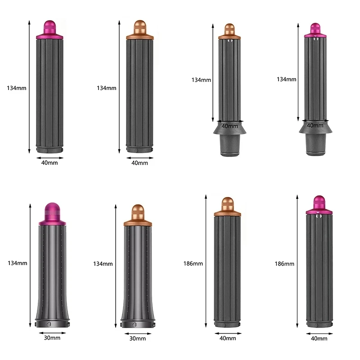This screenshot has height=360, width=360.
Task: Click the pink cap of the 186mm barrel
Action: click(319, 205)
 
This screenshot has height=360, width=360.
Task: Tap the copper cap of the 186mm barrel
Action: click(228, 207)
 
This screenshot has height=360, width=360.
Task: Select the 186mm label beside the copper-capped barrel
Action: click(193, 264)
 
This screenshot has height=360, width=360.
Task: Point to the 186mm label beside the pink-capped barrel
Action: click(284, 264)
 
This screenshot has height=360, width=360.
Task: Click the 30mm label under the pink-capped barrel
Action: click(52, 338)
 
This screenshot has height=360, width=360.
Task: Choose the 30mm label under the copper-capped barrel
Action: click(138, 338)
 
